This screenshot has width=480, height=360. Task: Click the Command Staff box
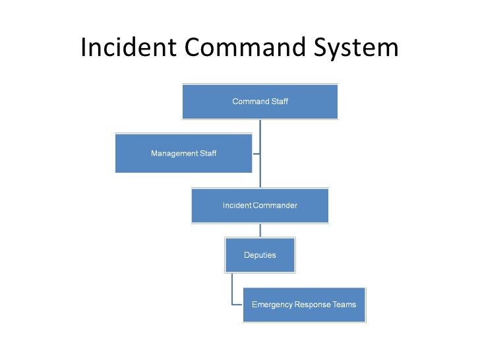tap(260, 102)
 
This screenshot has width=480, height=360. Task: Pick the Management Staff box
tap(183, 154)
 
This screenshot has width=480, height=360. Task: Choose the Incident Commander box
tap(260, 205)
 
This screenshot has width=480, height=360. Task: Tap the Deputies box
tap(260, 255)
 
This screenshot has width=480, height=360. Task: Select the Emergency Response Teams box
tap(304, 305)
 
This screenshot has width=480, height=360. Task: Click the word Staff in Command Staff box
tap(280, 102)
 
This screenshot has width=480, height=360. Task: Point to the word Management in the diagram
tap(174, 154)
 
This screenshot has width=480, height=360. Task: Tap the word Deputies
tap(260, 255)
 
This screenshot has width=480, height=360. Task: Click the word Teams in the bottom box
tap(345, 305)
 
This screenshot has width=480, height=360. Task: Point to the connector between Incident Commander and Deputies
tap(260, 229)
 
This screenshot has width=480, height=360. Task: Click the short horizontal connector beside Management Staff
tap(256, 154)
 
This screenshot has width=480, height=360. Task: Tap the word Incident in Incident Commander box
tap(237, 205)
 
